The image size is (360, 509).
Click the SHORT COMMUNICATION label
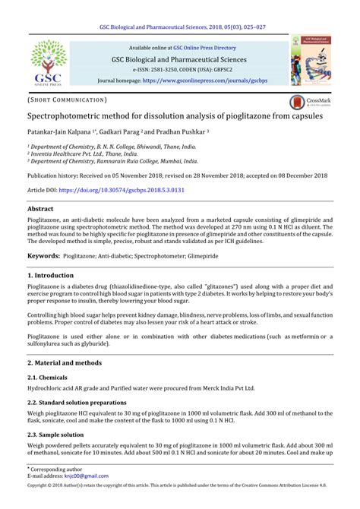point(67,100)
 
